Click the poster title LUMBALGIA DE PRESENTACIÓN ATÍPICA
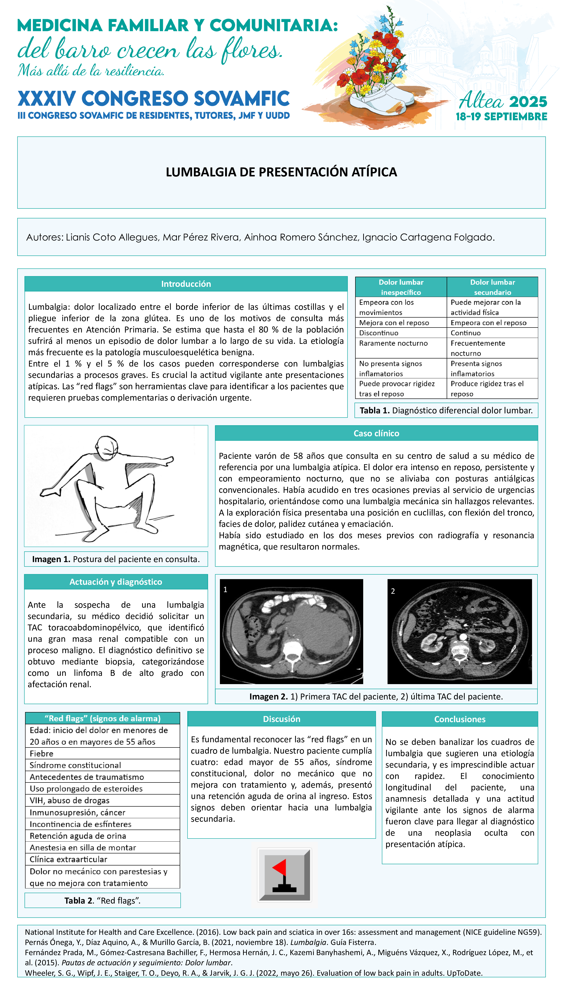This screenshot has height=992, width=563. click(281, 172)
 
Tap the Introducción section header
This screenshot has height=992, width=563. click(186, 284)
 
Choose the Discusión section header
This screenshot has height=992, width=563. click(281, 719)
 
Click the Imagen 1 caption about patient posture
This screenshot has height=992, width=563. click(116, 559)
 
